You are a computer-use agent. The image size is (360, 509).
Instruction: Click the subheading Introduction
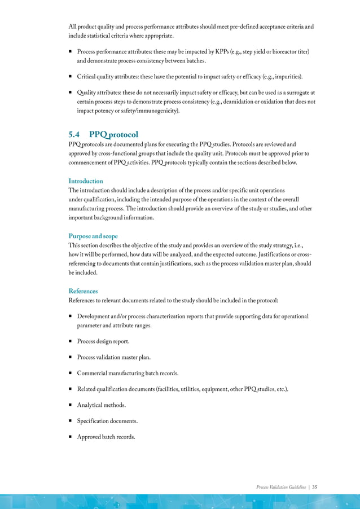[85, 181]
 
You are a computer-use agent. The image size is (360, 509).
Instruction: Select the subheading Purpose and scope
[93, 236]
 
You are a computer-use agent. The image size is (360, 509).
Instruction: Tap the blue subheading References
[83, 291]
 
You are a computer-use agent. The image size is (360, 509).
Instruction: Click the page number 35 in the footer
[314, 486]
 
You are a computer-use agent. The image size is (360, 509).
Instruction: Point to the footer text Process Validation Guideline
[280, 486]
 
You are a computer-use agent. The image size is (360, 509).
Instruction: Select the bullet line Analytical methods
[102, 405]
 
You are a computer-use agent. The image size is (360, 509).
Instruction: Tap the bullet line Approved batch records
[106, 436]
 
